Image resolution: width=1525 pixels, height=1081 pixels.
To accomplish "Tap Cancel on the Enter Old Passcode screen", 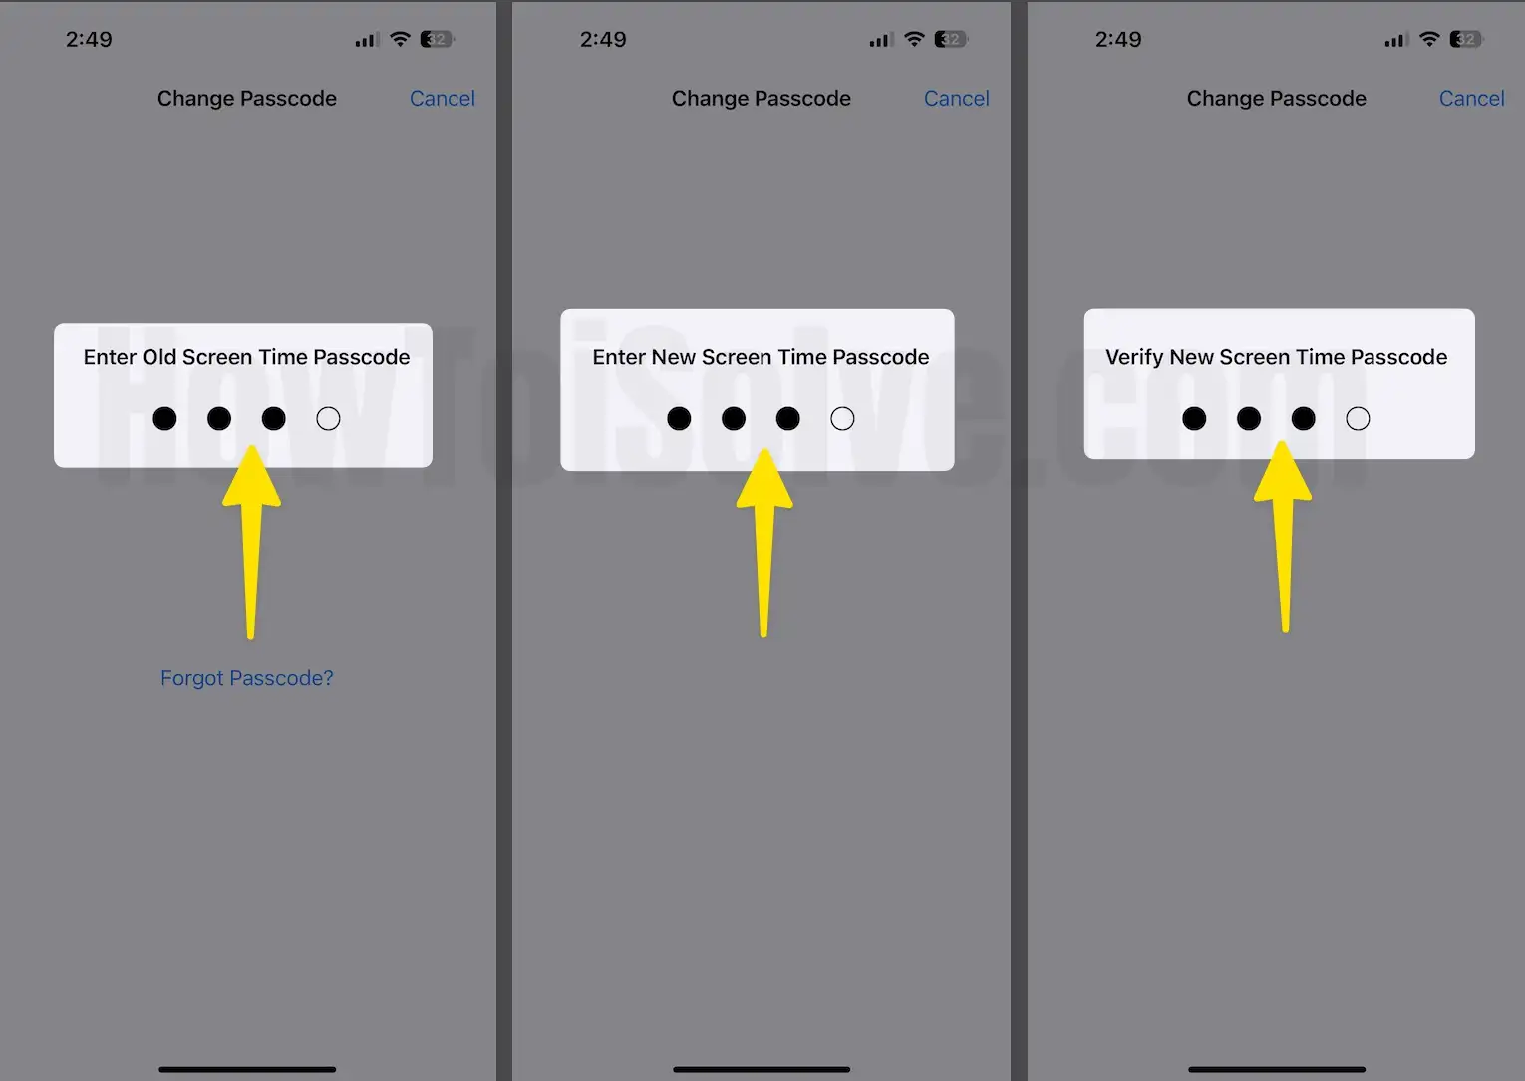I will point(442,99).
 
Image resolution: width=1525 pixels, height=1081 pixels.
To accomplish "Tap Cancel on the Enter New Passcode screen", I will point(956,99).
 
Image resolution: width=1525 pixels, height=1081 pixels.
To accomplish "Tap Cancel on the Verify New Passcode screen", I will point(1471,99).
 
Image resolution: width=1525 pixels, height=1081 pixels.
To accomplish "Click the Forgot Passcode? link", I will point(247,678).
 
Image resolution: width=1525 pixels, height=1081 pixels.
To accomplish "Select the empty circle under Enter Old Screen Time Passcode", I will point(328,419).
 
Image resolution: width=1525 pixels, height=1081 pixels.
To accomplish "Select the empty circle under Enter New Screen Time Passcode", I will point(842,419).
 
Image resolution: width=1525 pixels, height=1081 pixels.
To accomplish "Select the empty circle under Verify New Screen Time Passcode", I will point(1358,419).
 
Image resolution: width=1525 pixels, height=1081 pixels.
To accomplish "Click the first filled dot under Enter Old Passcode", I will point(164,419).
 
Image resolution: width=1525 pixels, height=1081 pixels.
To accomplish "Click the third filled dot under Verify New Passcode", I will point(1303,419).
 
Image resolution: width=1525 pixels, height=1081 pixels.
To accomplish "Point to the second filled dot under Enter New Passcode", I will point(734,419).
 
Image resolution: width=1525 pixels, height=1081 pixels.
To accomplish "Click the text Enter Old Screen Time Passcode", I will point(246,357).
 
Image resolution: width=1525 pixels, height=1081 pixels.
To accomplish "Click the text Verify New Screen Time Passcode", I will point(1276,357).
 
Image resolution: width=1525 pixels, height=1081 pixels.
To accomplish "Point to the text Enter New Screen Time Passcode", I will point(761,357).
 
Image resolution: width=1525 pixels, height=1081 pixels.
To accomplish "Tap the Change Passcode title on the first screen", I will point(247,99).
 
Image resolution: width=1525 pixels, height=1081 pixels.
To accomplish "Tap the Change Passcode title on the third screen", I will point(1276,99).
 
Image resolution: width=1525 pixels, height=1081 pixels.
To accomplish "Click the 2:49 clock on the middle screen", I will point(603,40).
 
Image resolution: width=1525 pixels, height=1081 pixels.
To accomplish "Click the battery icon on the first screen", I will point(436,40).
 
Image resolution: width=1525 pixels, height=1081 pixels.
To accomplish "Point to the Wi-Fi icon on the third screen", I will point(1429,40).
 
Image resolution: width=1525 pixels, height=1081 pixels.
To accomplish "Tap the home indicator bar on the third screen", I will point(1277,1069).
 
